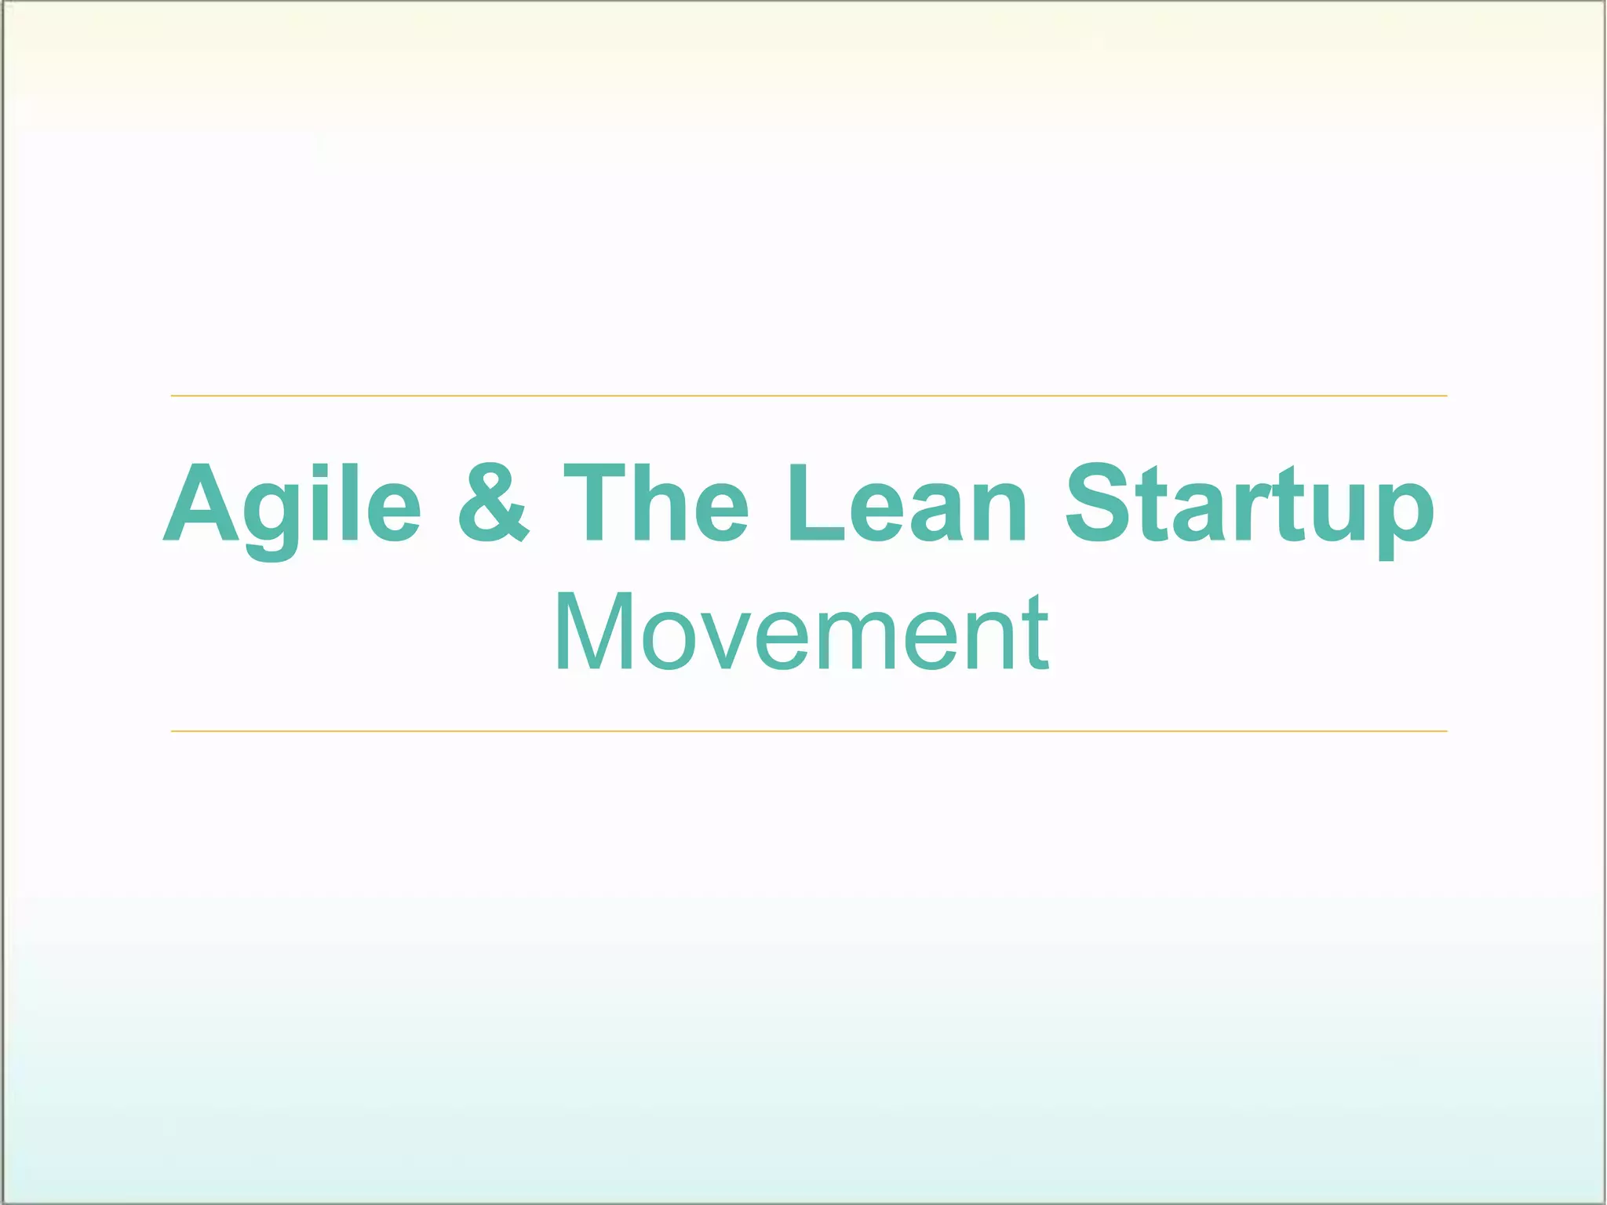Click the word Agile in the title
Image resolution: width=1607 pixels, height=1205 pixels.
292,504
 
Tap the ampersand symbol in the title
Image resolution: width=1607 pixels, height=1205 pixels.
493,504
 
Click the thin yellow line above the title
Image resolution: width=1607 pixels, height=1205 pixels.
808,396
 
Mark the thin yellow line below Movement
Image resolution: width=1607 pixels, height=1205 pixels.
808,731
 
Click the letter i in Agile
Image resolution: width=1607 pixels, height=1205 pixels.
319,504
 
